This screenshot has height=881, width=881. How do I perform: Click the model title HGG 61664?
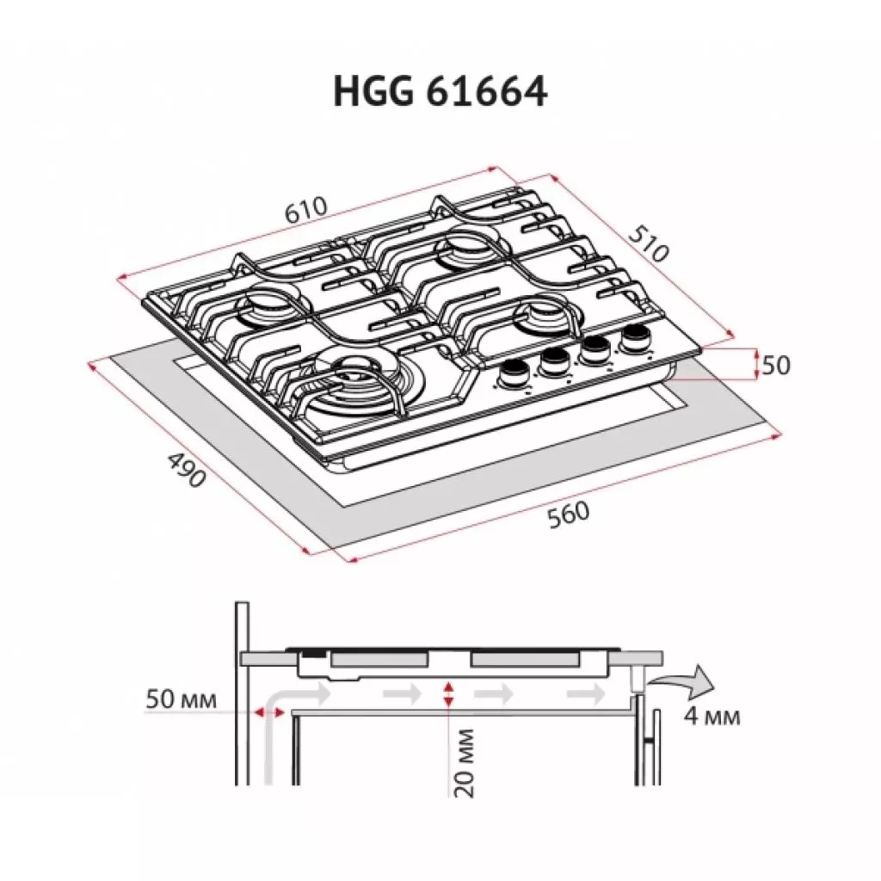[x=440, y=92]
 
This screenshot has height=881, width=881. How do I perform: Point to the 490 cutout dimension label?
[x=185, y=468]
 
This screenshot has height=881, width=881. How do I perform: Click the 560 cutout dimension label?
[x=568, y=513]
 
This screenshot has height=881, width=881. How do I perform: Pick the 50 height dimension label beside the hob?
[x=775, y=365]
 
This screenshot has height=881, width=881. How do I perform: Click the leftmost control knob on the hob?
[x=515, y=373]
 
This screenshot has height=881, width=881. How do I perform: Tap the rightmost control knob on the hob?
[x=636, y=336]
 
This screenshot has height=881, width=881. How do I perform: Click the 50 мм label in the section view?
[x=179, y=697]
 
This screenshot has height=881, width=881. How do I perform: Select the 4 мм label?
[x=712, y=716]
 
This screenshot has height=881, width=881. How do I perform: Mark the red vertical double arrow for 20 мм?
[x=447, y=695]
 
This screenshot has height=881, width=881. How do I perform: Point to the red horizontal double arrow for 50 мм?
[x=268, y=712]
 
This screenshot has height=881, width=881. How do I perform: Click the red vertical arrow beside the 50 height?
[x=756, y=364]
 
